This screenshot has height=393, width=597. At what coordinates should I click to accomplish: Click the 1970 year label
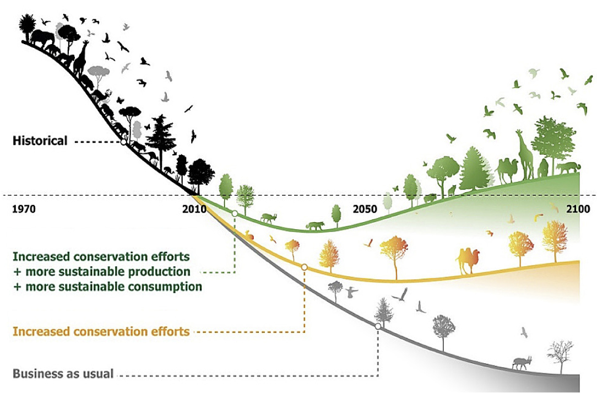click(x=24, y=209)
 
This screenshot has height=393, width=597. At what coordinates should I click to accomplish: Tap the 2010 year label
click(x=194, y=209)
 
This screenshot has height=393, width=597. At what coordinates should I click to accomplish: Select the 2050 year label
click(x=365, y=209)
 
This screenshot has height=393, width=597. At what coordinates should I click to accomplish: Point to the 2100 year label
click(x=578, y=209)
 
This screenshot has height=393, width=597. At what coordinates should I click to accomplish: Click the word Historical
click(x=40, y=141)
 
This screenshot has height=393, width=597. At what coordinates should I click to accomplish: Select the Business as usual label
click(x=63, y=373)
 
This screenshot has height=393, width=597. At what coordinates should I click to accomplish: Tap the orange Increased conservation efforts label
click(x=101, y=331)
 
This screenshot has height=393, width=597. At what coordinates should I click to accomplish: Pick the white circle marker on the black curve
click(x=123, y=142)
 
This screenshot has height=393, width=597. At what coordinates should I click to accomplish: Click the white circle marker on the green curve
click(x=235, y=213)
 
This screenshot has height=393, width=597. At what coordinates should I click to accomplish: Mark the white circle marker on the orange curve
click(x=304, y=267)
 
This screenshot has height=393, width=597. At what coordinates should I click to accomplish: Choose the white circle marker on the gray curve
click(x=378, y=326)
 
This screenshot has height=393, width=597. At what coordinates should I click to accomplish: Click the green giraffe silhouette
click(x=525, y=154)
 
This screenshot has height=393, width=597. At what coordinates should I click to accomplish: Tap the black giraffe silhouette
click(x=80, y=58)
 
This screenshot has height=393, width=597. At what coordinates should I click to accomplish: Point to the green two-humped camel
click(x=507, y=170)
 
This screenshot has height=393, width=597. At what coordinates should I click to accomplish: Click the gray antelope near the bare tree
click(x=522, y=363)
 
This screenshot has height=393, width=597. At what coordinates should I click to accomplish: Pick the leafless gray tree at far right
click(x=560, y=357)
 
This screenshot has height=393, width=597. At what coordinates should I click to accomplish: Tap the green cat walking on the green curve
click(x=315, y=225)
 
